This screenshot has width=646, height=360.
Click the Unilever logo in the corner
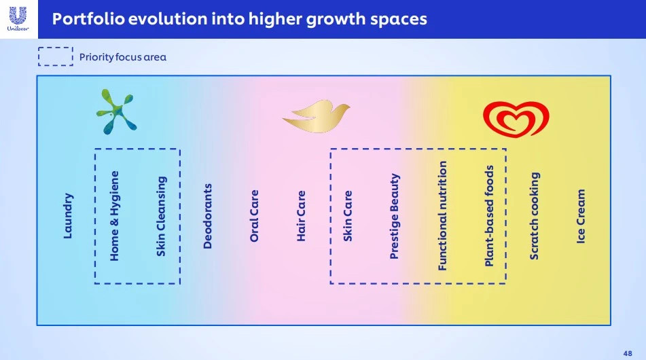18,19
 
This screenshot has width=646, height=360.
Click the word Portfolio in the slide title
88,19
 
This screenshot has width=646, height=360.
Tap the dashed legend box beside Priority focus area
56,48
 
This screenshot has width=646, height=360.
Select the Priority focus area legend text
123,57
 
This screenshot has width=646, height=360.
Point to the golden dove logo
317,115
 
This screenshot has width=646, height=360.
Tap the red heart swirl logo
516,119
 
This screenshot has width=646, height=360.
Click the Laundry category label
68,215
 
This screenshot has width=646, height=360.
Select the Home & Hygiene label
114,216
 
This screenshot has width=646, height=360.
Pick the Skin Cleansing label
161,216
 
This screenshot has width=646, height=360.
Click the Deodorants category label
207,216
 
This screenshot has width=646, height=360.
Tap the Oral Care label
254,216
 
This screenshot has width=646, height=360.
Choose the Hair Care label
301,216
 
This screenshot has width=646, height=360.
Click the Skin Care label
348,216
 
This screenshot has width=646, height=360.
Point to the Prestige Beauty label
394,216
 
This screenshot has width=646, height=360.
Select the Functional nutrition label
442,216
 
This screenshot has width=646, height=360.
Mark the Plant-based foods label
488,216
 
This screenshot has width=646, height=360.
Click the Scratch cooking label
534,216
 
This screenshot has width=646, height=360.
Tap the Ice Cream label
581,216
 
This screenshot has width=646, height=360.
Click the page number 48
628,353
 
